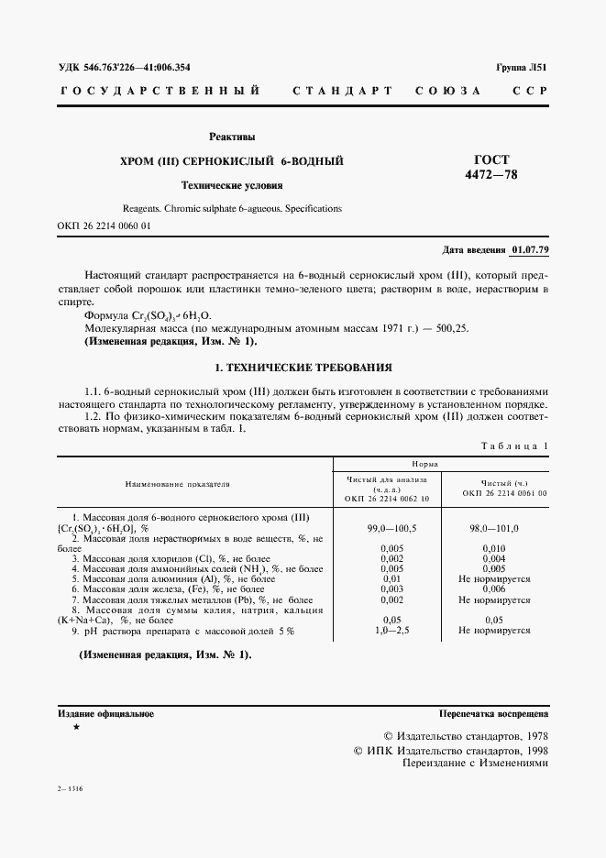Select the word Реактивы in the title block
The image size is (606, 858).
(x=232, y=138)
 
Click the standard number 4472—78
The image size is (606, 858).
(x=491, y=174)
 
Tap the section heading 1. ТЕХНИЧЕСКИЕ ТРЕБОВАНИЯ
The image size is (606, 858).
(x=303, y=368)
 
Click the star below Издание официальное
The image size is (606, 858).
(x=76, y=726)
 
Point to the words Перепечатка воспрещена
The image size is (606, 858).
(x=494, y=712)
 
